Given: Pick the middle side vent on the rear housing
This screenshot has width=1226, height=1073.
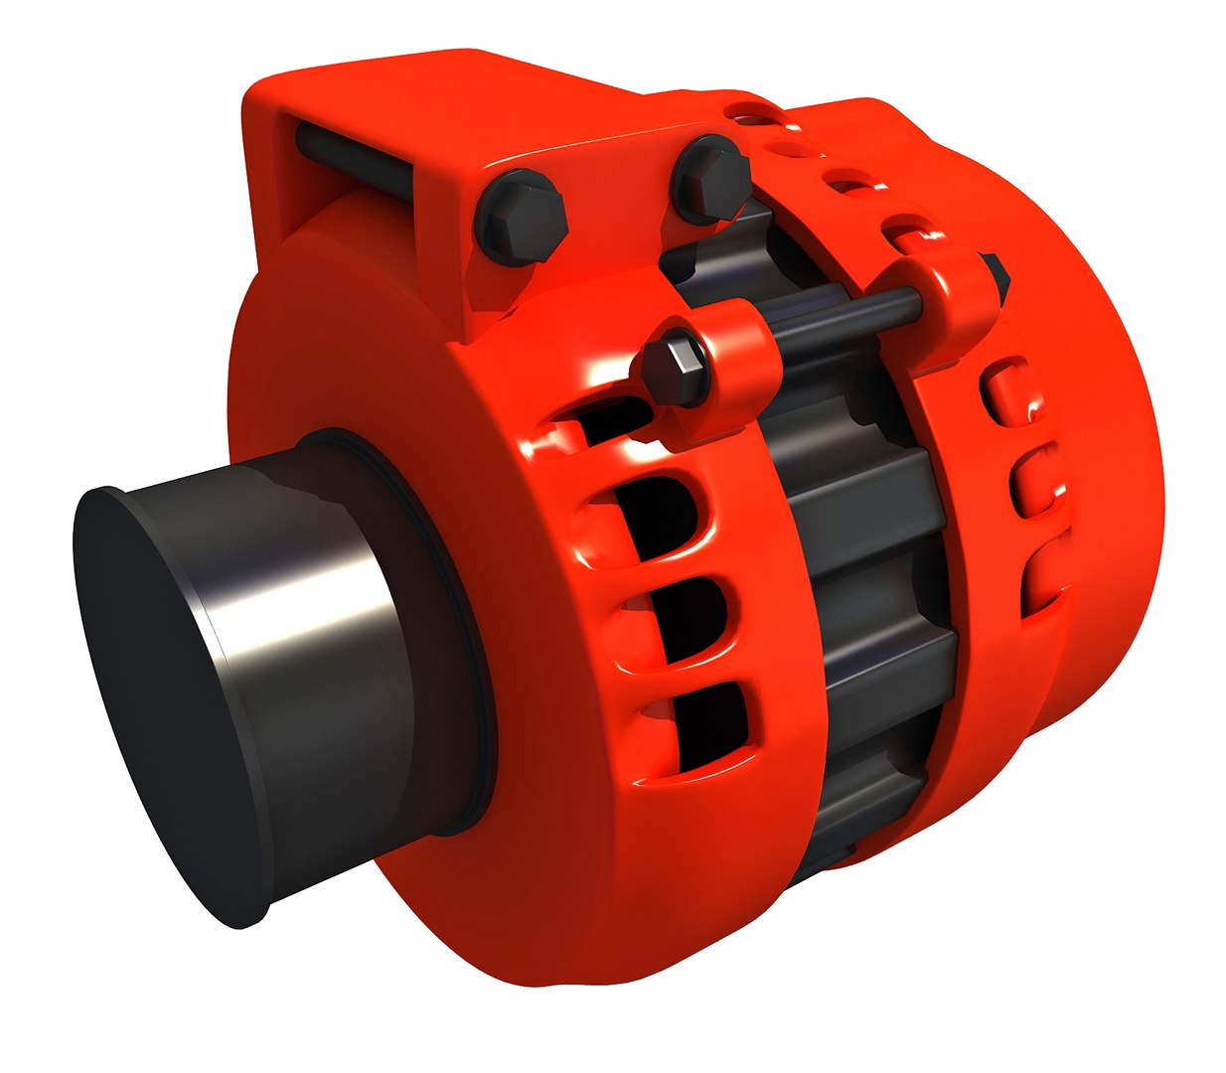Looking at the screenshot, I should [x=1033, y=482].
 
